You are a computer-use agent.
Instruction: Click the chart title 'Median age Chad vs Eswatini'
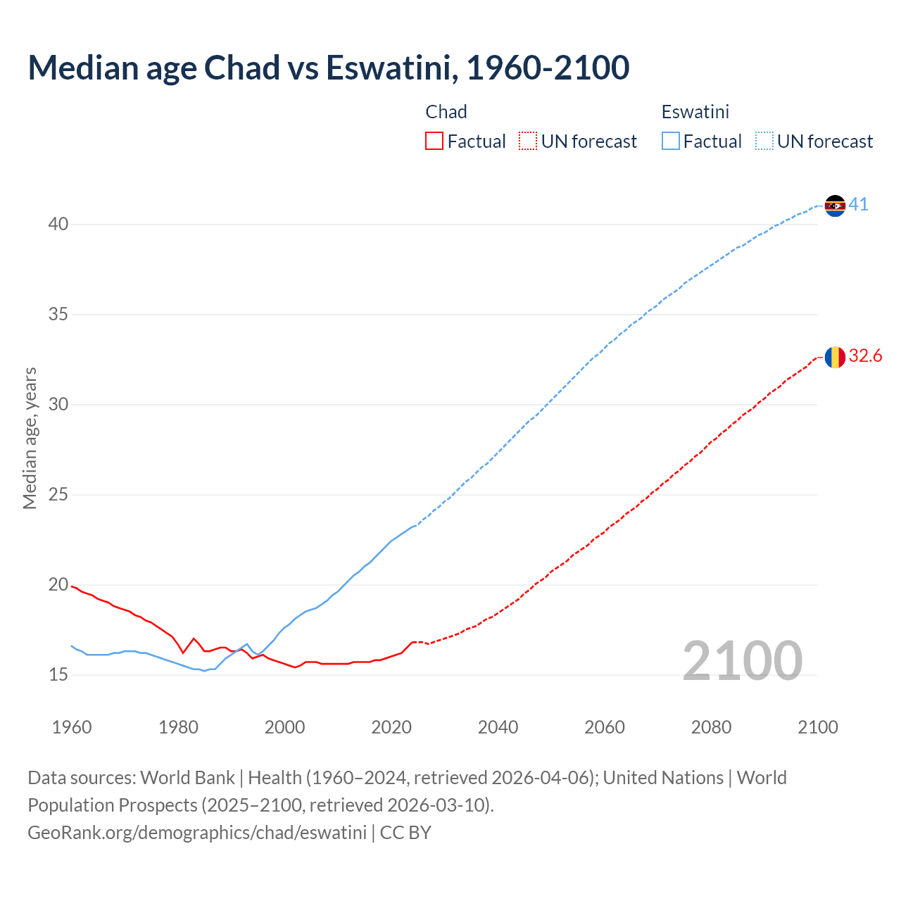328,68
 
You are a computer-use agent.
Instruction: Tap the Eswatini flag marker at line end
835,206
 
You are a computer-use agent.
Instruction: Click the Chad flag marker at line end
835,357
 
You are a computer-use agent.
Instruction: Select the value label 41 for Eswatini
858,205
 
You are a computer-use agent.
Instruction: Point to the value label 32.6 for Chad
865,356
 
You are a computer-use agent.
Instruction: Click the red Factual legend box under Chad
434,141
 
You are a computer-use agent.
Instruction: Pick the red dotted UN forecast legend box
528,141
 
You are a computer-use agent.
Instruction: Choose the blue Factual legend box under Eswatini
671,141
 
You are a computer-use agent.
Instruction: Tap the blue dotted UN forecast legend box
764,141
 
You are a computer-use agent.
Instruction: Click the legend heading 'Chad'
446,112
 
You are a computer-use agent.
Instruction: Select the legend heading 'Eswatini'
695,112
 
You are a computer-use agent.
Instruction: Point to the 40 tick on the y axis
58,225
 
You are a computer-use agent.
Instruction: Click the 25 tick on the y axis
58,495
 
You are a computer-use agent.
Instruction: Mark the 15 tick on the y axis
58,675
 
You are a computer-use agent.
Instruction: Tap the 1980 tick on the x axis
178,727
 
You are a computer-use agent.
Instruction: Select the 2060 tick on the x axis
605,727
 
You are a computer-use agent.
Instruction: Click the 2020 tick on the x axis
391,727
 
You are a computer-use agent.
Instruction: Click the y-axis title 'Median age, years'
30,438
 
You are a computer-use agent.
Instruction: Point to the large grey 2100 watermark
742,660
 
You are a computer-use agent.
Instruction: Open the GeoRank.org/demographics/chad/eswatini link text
197,833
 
